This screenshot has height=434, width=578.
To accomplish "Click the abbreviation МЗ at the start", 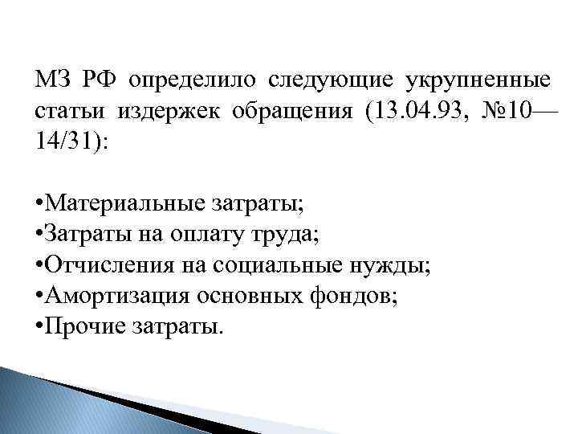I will [52, 82].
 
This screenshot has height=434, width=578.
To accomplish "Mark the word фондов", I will [356, 296].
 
